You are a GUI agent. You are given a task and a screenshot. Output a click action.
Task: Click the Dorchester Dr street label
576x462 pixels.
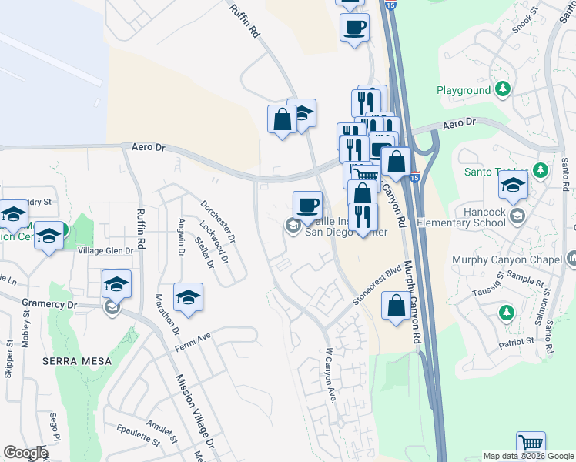pyautogui.click(x=217, y=220)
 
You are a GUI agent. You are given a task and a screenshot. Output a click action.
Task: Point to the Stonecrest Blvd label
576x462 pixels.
pyautogui.click(x=377, y=286)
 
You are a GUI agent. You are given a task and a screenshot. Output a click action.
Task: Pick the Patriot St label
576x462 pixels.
pyautogui.click(x=516, y=340)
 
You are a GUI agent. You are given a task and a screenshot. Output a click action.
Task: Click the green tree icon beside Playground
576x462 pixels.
pyautogui.click(x=503, y=90)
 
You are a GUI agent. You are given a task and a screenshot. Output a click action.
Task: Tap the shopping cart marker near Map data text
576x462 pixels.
pyautogui.click(x=531, y=444)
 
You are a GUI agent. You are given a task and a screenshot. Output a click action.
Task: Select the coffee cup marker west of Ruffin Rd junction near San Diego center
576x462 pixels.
pyautogui.click(x=308, y=205)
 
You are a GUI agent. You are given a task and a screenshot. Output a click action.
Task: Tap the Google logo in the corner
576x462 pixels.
pyautogui.click(x=25, y=453)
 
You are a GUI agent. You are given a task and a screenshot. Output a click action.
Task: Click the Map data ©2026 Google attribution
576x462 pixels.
pyautogui.click(x=528, y=456)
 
